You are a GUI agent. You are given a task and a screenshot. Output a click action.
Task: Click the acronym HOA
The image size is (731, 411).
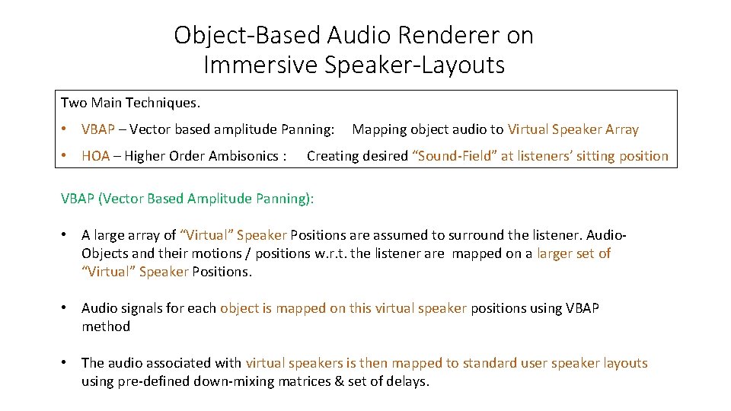click(x=95, y=156)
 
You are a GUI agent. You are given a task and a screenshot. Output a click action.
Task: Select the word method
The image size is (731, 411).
click(x=106, y=327)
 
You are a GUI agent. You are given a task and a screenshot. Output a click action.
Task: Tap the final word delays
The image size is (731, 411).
click(x=408, y=381)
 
